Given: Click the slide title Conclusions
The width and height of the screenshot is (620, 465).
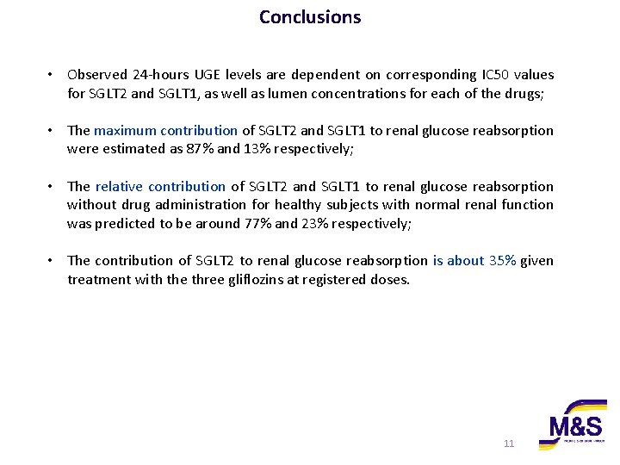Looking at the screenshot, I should (x=310, y=16).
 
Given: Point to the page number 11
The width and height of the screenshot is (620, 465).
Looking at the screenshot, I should (x=508, y=443).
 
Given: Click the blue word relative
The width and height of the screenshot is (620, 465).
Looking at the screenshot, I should (x=119, y=186).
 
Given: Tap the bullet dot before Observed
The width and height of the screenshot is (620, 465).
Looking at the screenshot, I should (x=53, y=75).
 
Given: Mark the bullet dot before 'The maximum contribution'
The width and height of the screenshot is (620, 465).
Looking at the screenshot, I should (x=53, y=131).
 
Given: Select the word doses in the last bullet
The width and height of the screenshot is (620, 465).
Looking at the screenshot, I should (x=390, y=279).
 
